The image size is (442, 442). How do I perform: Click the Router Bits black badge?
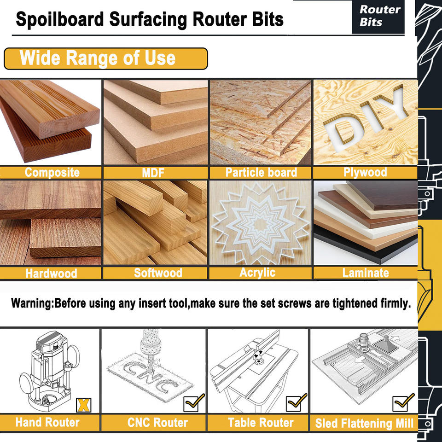click(379, 16)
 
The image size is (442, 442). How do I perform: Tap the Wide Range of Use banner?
click(105, 58)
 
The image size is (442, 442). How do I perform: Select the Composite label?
click(52, 173)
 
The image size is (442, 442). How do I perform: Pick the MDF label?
click(155, 173)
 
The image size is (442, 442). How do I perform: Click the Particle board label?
click(261, 173)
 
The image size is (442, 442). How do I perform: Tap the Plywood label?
click(365, 172)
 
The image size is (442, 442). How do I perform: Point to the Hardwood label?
click(51, 273)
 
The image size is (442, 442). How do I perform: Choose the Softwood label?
click(158, 273)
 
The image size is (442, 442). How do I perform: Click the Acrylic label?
click(257, 272)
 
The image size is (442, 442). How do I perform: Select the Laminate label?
click(366, 273)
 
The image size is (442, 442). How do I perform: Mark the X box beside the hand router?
click(83, 404)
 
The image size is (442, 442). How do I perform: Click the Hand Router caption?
click(47, 422)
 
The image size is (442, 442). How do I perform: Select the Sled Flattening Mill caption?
click(364, 423)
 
